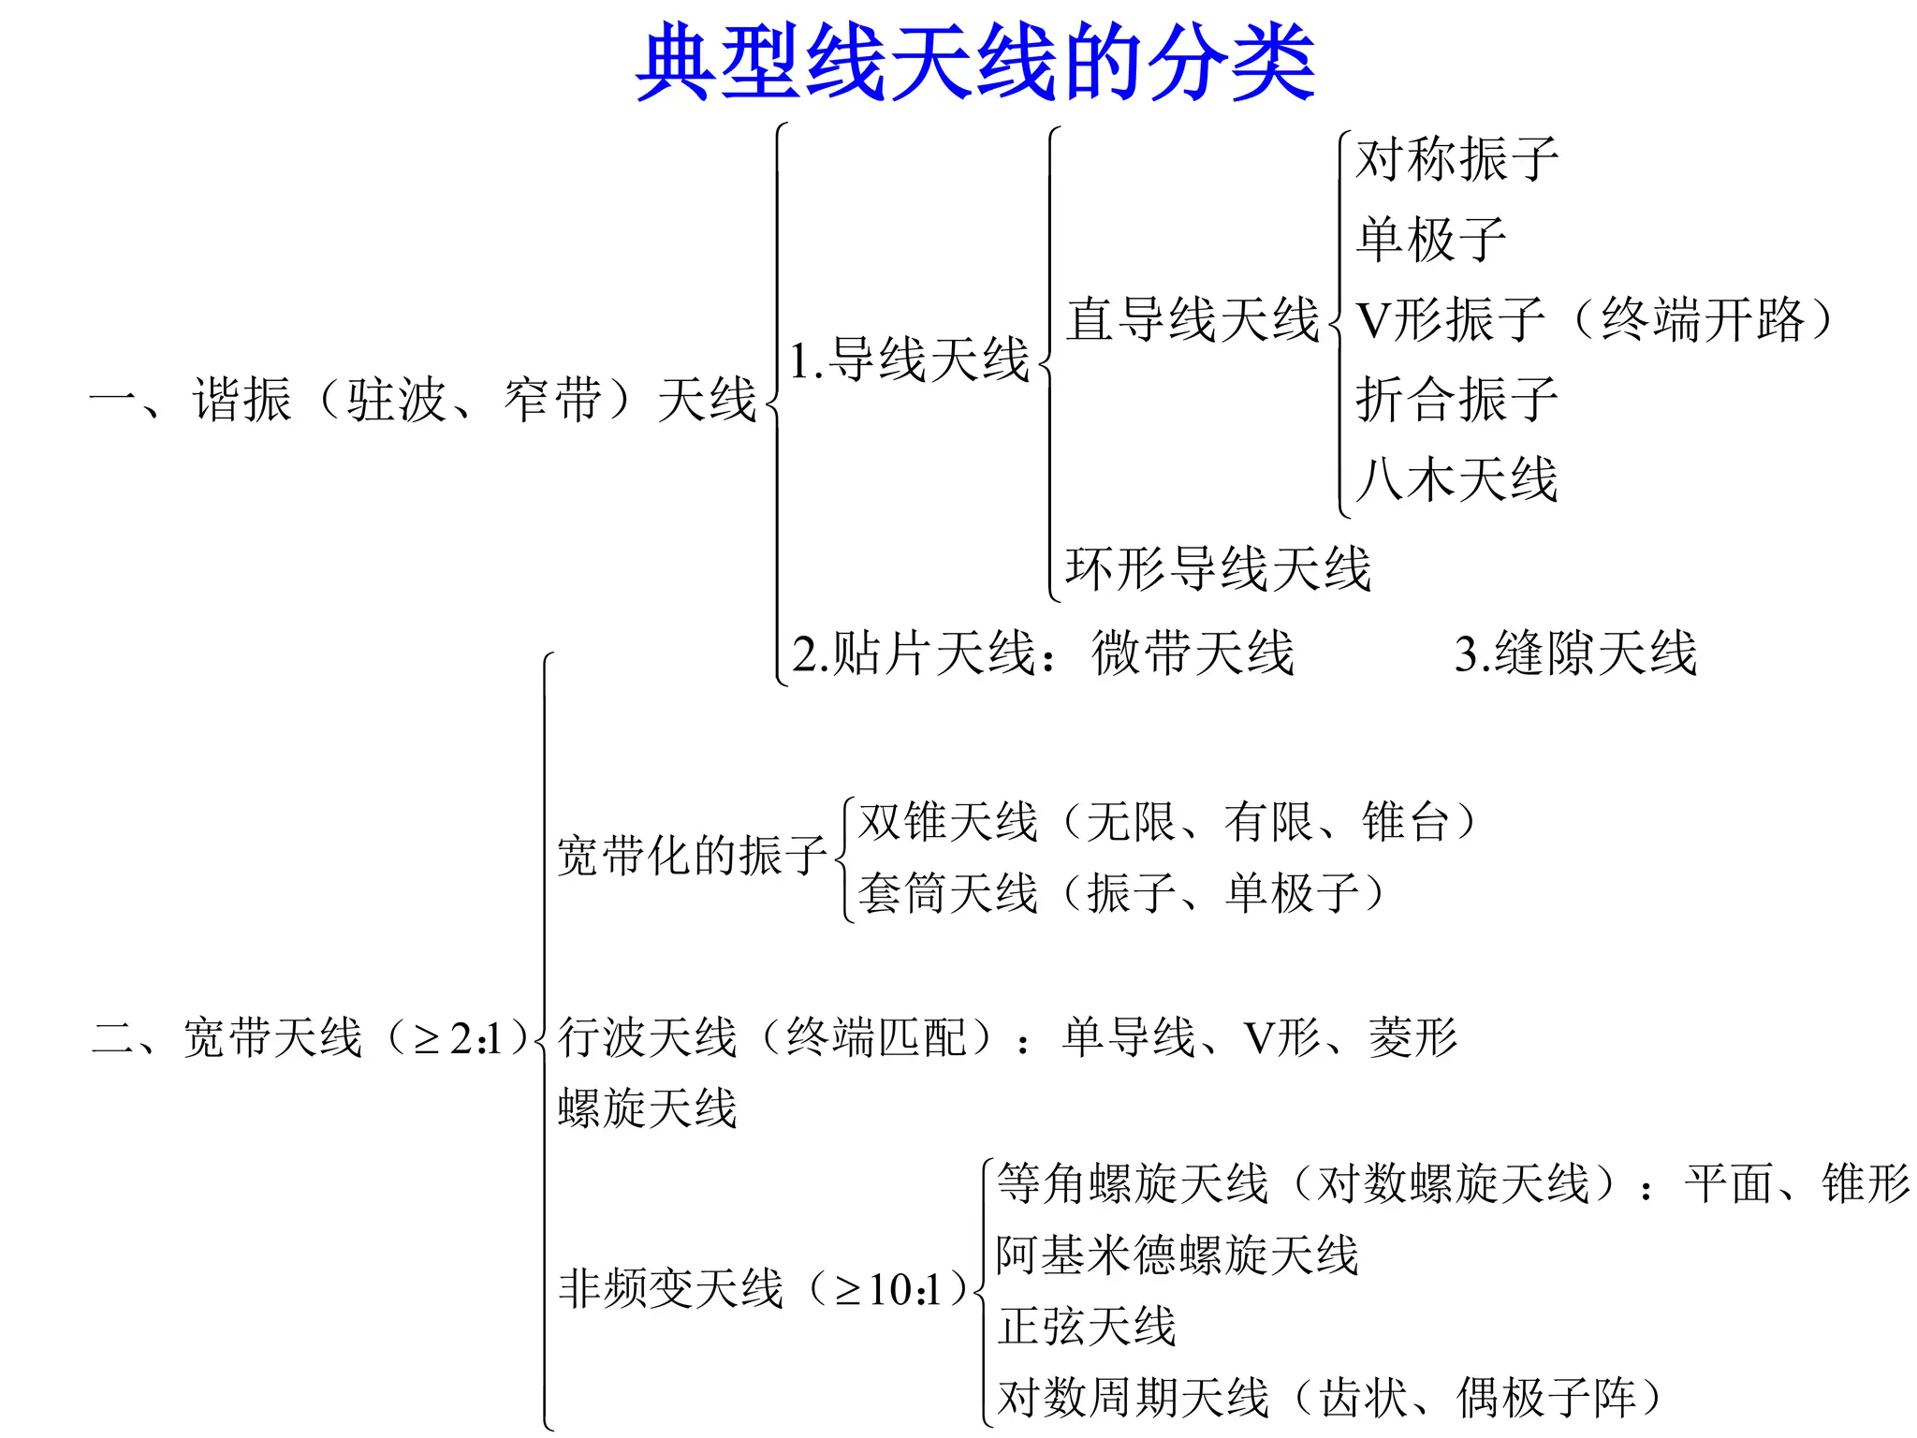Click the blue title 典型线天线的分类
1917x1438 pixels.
975,62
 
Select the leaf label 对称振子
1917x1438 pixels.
1456,159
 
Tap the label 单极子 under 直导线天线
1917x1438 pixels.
1431,240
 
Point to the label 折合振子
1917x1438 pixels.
1456,400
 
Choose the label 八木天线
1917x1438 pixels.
1456,479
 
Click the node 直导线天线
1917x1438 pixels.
1193,319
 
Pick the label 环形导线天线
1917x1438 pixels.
1218,568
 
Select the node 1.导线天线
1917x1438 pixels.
909,360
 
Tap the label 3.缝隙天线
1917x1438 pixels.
1575,653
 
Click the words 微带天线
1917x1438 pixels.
1193,653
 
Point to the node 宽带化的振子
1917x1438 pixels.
692,856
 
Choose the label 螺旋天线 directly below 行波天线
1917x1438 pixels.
647,1108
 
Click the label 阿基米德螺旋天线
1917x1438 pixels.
1177,1255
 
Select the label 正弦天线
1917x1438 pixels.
1086,1326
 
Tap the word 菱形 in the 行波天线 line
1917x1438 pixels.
1413,1037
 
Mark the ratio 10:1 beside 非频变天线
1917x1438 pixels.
904,1290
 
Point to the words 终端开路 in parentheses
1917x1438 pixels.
1703,319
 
